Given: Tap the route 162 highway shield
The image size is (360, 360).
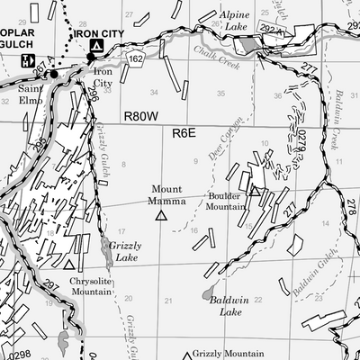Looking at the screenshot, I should pyautogui.click(x=136, y=58).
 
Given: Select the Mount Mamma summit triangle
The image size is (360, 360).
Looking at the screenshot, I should pyautogui.click(x=162, y=215).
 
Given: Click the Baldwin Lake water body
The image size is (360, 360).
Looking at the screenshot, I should pyautogui.click(x=208, y=294).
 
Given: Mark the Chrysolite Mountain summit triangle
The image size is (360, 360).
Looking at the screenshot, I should pyautogui.click(x=69, y=265).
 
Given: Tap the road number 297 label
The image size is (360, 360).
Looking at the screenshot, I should pyautogui.click(x=50, y=284).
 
